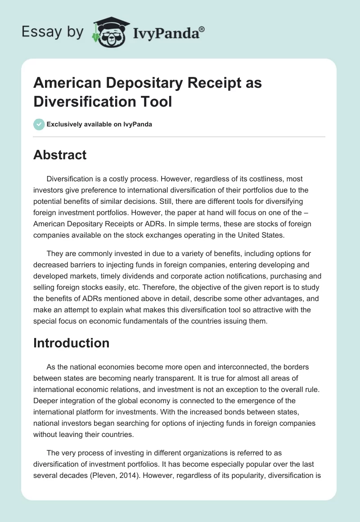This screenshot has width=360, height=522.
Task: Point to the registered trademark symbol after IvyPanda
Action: [202, 29]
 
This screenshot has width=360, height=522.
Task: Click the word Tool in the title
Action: [157, 101]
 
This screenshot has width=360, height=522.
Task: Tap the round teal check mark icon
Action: [39, 124]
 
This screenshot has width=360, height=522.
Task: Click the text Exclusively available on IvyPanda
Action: [99, 124]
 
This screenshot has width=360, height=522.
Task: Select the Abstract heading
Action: [60, 155]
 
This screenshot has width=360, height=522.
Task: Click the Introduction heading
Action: [71, 343]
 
